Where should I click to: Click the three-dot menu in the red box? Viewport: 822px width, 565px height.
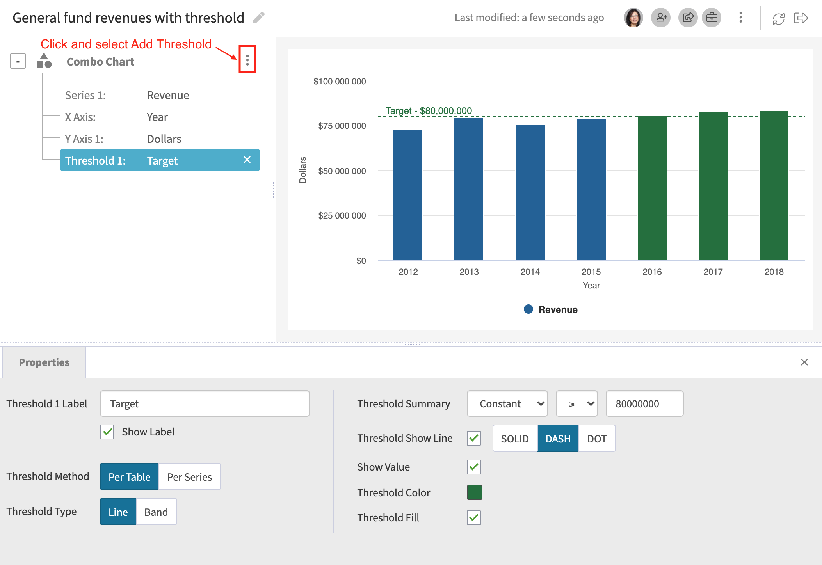pyautogui.click(x=247, y=60)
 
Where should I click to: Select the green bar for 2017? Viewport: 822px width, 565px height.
pyautogui.click(x=713, y=186)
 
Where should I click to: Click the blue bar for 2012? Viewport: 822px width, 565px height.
pyautogui.click(x=408, y=195)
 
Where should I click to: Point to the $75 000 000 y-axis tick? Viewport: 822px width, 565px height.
pyautogui.click(x=342, y=126)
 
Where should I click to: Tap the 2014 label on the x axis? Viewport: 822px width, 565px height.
pyautogui.click(x=530, y=272)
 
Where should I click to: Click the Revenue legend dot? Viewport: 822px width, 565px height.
pyautogui.click(x=528, y=309)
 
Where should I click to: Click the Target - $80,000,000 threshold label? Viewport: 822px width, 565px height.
pyautogui.click(x=429, y=111)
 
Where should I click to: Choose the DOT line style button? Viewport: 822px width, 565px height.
pyautogui.click(x=597, y=439)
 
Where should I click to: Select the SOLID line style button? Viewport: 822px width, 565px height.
pyautogui.click(x=515, y=439)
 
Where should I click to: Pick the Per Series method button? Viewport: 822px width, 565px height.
pyautogui.click(x=189, y=477)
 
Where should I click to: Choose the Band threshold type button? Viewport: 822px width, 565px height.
pyautogui.click(x=156, y=512)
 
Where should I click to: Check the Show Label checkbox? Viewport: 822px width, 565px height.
pyautogui.click(x=107, y=432)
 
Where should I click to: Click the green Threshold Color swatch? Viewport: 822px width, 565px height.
pyautogui.click(x=474, y=492)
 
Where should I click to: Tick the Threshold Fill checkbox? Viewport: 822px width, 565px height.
pyautogui.click(x=474, y=518)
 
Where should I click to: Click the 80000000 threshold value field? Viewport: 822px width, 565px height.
pyautogui.click(x=644, y=403)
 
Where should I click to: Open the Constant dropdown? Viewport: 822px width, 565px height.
pyautogui.click(x=507, y=403)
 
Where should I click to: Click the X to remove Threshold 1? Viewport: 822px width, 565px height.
pyautogui.click(x=247, y=160)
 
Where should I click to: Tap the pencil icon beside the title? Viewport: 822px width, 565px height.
pyautogui.click(x=259, y=18)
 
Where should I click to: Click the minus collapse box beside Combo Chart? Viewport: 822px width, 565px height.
pyautogui.click(x=18, y=61)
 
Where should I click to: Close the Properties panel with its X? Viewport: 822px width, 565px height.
pyautogui.click(x=804, y=362)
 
